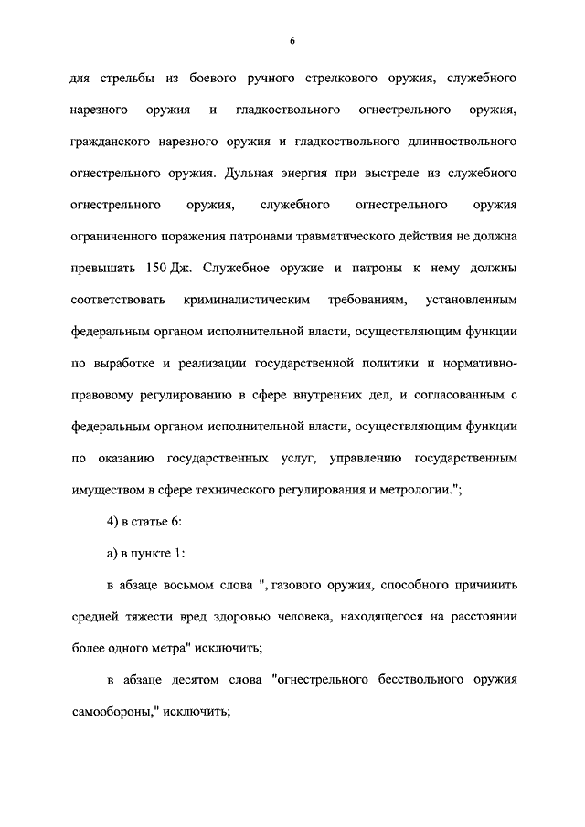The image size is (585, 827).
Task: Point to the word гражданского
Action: [112, 142]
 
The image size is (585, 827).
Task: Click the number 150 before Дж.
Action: [156, 268]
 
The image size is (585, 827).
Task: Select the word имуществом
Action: [107, 488]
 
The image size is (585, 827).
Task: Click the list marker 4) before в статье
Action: [112, 520]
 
